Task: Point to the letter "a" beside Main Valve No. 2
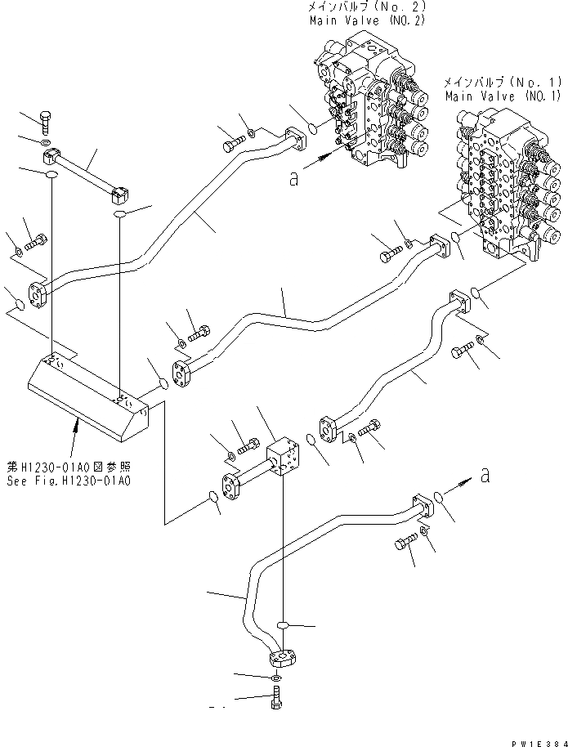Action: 293,179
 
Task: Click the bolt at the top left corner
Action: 47,123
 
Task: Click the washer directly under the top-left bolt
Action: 48,145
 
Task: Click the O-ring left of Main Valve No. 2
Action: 312,127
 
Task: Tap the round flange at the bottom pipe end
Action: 280,656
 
